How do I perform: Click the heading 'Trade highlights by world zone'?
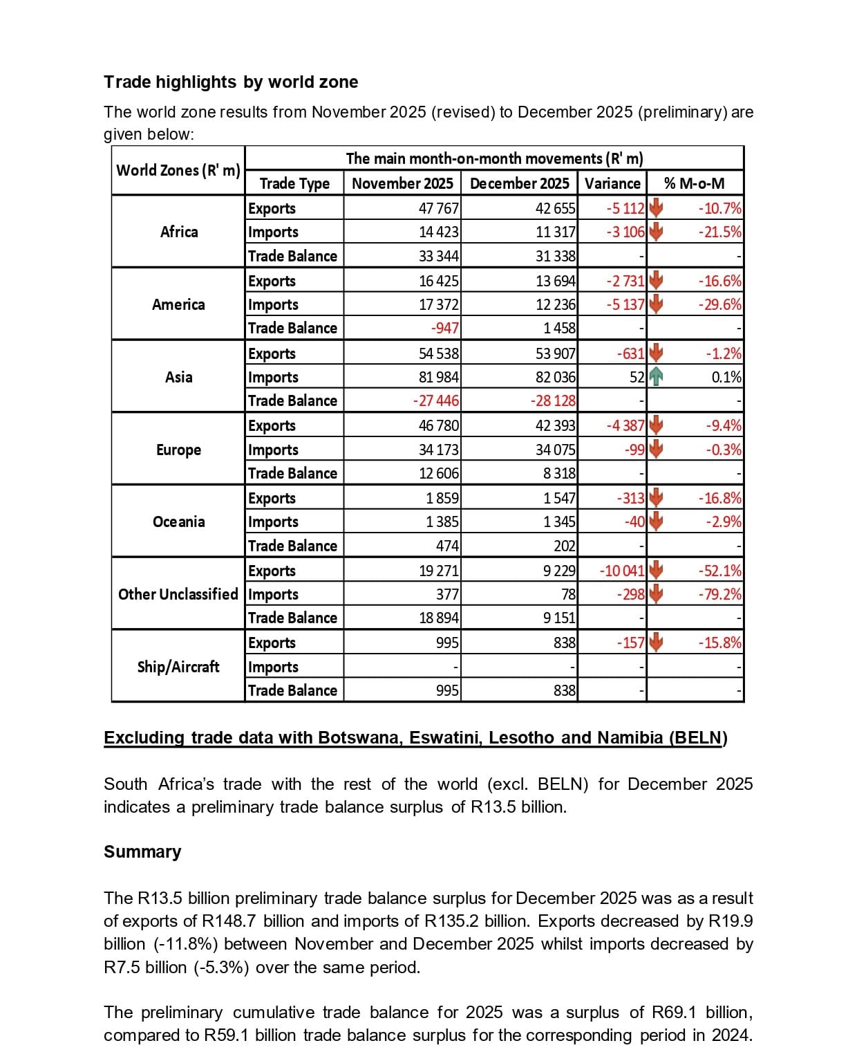(x=231, y=82)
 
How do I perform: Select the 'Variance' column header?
(x=612, y=183)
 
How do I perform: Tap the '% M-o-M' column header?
(x=694, y=183)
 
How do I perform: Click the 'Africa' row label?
(x=179, y=232)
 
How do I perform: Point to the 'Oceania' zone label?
(x=179, y=522)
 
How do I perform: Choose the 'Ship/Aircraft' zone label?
(x=178, y=667)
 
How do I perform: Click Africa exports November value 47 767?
(x=439, y=208)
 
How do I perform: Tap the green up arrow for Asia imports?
(x=656, y=377)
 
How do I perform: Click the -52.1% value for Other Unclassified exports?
(x=719, y=571)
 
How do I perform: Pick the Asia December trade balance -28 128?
(x=553, y=400)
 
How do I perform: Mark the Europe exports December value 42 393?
(x=556, y=425)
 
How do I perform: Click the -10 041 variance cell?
(x=622, y=571)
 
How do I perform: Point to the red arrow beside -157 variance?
(x=656, y=643)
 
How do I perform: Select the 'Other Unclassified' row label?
(x=178, y=594)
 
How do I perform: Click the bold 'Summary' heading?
(x=142, y=851)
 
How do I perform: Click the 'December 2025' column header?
(x=519, y=183)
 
